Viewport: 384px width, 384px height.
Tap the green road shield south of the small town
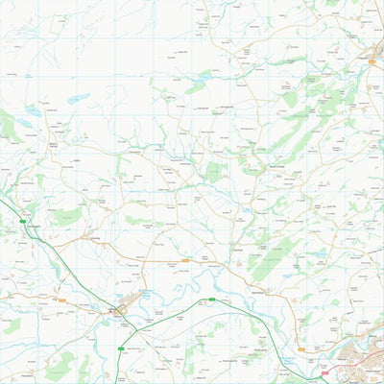[119, 348]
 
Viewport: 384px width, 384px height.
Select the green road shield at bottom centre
[212, 300]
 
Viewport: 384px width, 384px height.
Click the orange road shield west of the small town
[61, 300]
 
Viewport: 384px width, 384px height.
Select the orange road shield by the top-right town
[372, 59]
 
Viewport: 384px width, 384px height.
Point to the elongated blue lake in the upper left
[79, 98]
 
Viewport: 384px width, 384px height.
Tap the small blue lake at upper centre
[204, 75]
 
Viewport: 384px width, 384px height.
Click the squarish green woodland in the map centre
[217, 172]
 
